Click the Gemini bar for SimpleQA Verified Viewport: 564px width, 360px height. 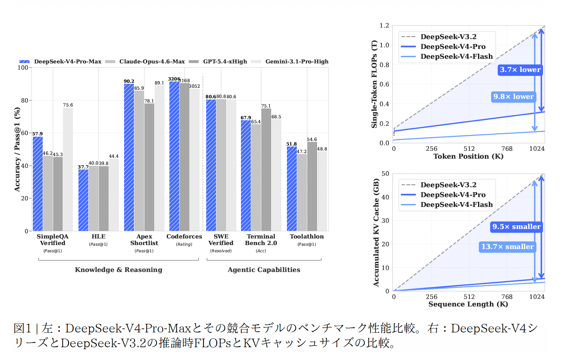point(68,169)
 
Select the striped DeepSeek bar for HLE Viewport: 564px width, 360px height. point(83,200)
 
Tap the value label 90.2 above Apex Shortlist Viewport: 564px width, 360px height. point(129,81)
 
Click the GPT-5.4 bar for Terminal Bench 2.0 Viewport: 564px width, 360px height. point(266,169)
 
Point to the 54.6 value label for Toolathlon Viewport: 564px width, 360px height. point(312,139)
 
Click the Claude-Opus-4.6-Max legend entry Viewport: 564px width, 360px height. point(152,61)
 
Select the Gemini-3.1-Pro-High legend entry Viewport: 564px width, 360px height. point(297,61)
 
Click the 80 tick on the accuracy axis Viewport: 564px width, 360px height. point(25,100)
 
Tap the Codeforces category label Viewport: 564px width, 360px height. point(184,236)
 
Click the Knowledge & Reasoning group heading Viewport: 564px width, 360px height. point(119,270)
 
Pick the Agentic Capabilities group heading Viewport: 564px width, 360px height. point(264,270)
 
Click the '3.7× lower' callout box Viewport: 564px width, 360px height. point(520,70)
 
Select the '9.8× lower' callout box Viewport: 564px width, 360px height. point(513,97)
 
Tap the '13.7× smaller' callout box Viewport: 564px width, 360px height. point(508,247)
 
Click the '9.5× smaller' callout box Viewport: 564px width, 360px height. point(516,227)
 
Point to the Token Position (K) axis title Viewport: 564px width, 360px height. point(468,156)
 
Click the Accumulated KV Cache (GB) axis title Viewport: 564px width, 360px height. point(376,232)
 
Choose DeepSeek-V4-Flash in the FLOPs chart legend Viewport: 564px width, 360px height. point(456,56)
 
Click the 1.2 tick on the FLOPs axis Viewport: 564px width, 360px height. point(384,26)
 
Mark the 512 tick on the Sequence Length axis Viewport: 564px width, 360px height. point(469,297)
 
